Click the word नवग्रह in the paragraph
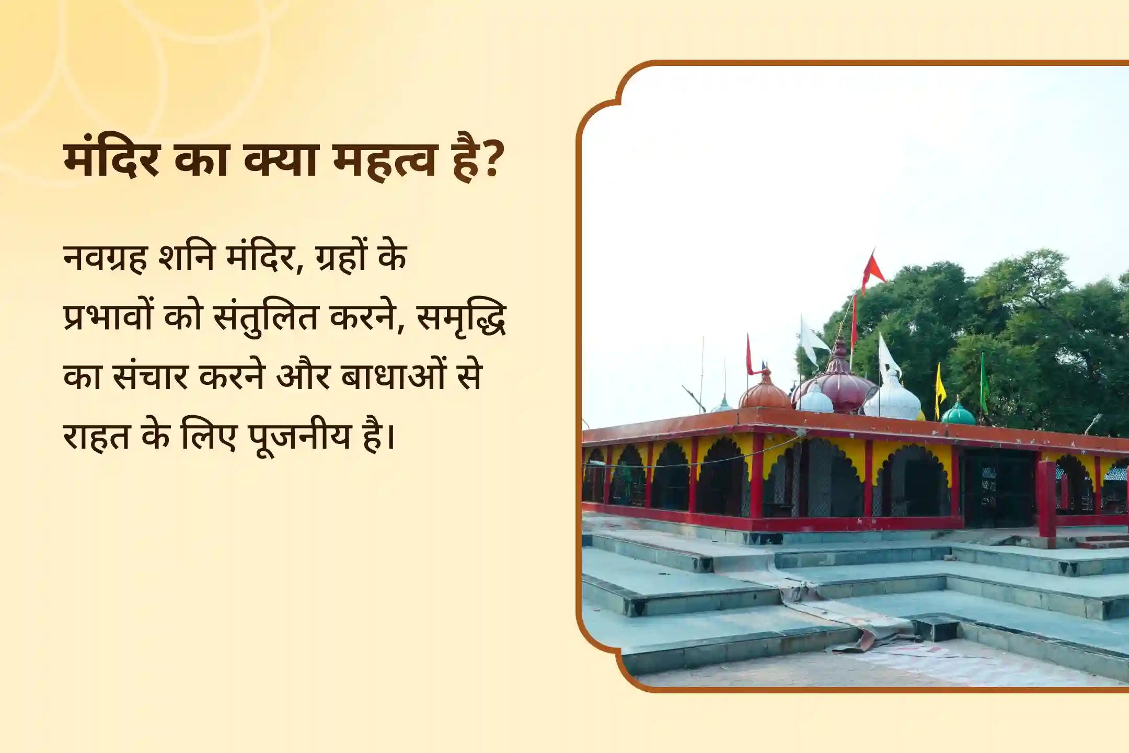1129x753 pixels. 105,258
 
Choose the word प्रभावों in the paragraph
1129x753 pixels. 108,317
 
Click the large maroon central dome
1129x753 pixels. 836,387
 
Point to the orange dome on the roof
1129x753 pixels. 764,393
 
